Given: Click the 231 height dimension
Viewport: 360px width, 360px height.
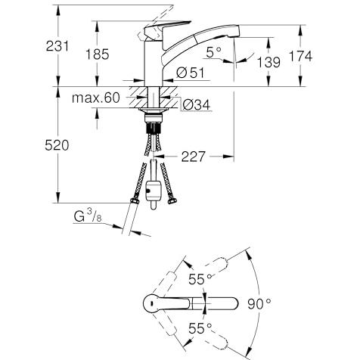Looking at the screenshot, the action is (x=57, y=46).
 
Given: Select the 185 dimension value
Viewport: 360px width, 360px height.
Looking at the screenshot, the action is (x=98, y=54).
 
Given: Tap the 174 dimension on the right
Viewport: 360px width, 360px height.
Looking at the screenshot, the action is (x=300, y=56).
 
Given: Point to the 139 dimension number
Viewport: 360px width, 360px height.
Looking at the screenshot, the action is (x=268, y=62).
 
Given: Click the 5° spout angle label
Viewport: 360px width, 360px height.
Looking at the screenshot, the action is (x=213, y=52).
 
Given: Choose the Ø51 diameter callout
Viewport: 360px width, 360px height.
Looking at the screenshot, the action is (x=191, y=73).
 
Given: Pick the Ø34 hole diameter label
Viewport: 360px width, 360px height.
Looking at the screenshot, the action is (x=197, y=104).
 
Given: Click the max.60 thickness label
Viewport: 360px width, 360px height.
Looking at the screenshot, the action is (x=95, y=98).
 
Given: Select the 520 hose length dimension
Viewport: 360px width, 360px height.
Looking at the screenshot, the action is (x=57, y=145).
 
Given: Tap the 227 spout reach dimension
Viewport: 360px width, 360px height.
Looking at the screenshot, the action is (x=194, y=157).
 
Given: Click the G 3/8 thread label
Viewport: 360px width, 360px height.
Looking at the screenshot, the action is (x=88, y=216).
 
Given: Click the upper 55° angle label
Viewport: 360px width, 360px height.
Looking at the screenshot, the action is (x=200, y=279).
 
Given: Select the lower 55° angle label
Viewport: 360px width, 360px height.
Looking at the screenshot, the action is (x=200, y=328).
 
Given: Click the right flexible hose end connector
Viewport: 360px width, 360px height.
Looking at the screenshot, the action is (x=172, y=201).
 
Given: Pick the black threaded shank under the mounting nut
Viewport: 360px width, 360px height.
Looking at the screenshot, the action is (x=154, y=128).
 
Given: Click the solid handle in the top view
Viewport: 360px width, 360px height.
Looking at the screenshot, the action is (x=166, y=303).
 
